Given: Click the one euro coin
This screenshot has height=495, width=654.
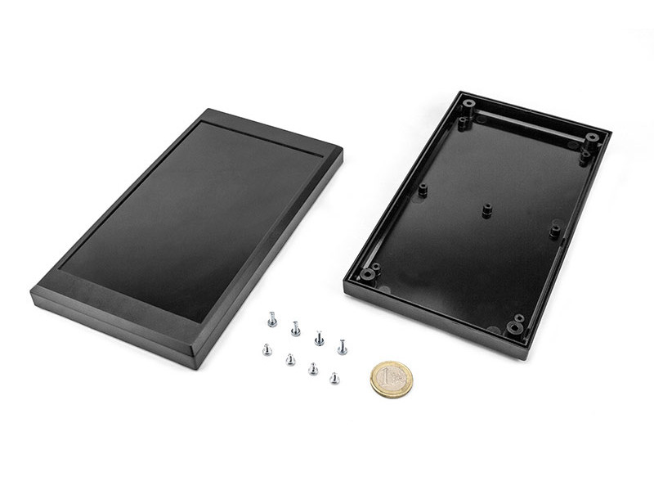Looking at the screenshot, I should tap(392, 380).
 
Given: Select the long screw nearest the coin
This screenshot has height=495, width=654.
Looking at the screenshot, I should tap(342, 347).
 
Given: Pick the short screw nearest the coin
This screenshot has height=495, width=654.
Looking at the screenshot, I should tap(334, 377).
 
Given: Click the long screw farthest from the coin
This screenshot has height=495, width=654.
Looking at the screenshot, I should tap(272, 318).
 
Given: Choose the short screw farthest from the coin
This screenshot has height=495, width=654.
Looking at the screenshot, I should tap(267, 349).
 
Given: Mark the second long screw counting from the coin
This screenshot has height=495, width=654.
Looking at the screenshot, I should tap(319, 337).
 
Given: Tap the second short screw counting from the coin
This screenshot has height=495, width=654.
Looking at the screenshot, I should tap(312, 368).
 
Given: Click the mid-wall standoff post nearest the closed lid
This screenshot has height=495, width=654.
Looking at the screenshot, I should tap(423, 190).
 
